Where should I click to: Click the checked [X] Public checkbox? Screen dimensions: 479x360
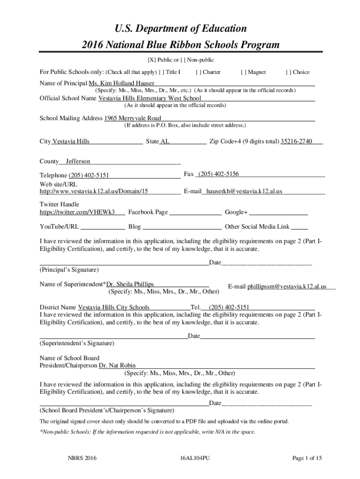151,60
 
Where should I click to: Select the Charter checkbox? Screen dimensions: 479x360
199,72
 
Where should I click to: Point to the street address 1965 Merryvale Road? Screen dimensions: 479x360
133,118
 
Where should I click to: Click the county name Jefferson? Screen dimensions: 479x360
78,161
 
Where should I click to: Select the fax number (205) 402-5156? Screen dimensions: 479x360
218,174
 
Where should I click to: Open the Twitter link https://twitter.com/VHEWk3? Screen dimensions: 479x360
77,212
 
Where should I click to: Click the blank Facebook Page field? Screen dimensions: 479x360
195,213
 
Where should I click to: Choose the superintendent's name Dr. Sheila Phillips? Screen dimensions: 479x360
130,284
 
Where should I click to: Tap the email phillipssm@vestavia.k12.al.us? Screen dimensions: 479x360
287,286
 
